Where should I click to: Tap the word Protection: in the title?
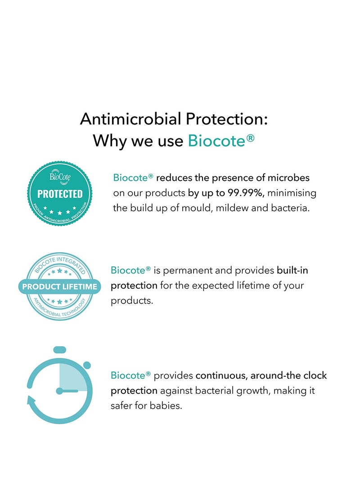(x=227, y=119)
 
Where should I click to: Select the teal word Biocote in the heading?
(x=216, y=141)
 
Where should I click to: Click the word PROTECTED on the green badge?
(x=60, y=194)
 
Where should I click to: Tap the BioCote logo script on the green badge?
(x=60, y=178)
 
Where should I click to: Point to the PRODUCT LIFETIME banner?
(x=59, y=286)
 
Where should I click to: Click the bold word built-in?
(x=292, y=270)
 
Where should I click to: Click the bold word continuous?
(x=221, y=375)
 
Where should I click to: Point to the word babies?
(x=166, y=406)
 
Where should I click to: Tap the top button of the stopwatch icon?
(x=60, y=349)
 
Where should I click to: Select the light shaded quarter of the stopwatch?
(x=73, y=377)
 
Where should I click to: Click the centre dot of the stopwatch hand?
(x=59, y=391)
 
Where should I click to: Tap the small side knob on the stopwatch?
(x=87, y=365)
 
